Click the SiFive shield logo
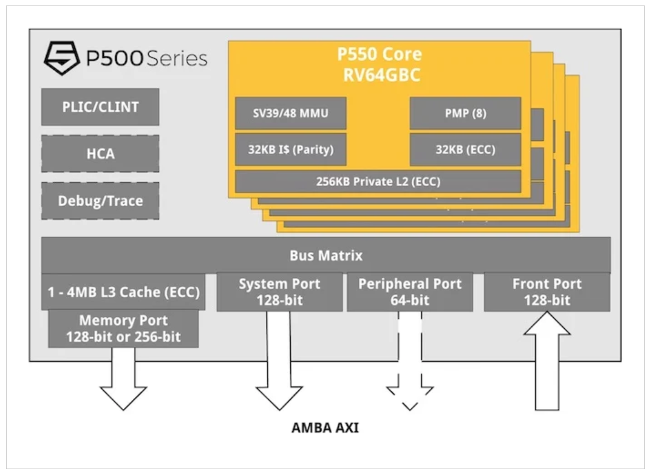(62, 58)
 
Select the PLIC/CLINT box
(100, 107)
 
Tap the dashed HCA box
(100, 154)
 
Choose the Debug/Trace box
(100, 201)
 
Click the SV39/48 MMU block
(291, 114)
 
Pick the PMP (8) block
(465, 114)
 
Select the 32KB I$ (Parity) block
(291, 149)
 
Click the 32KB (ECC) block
(465, 149)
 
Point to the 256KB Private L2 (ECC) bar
(378, 182)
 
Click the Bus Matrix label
(326, 255)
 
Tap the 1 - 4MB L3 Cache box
(123, 292)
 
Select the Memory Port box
(123, 329)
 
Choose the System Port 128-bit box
(279, 292)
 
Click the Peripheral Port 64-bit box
(410, 292)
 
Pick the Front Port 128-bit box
(547, 292)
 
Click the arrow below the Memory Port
(123, 379)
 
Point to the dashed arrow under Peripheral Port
(410, 361)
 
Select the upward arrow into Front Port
(547, 361)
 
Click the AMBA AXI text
(325, 427)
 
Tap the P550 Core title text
(380, 55)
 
